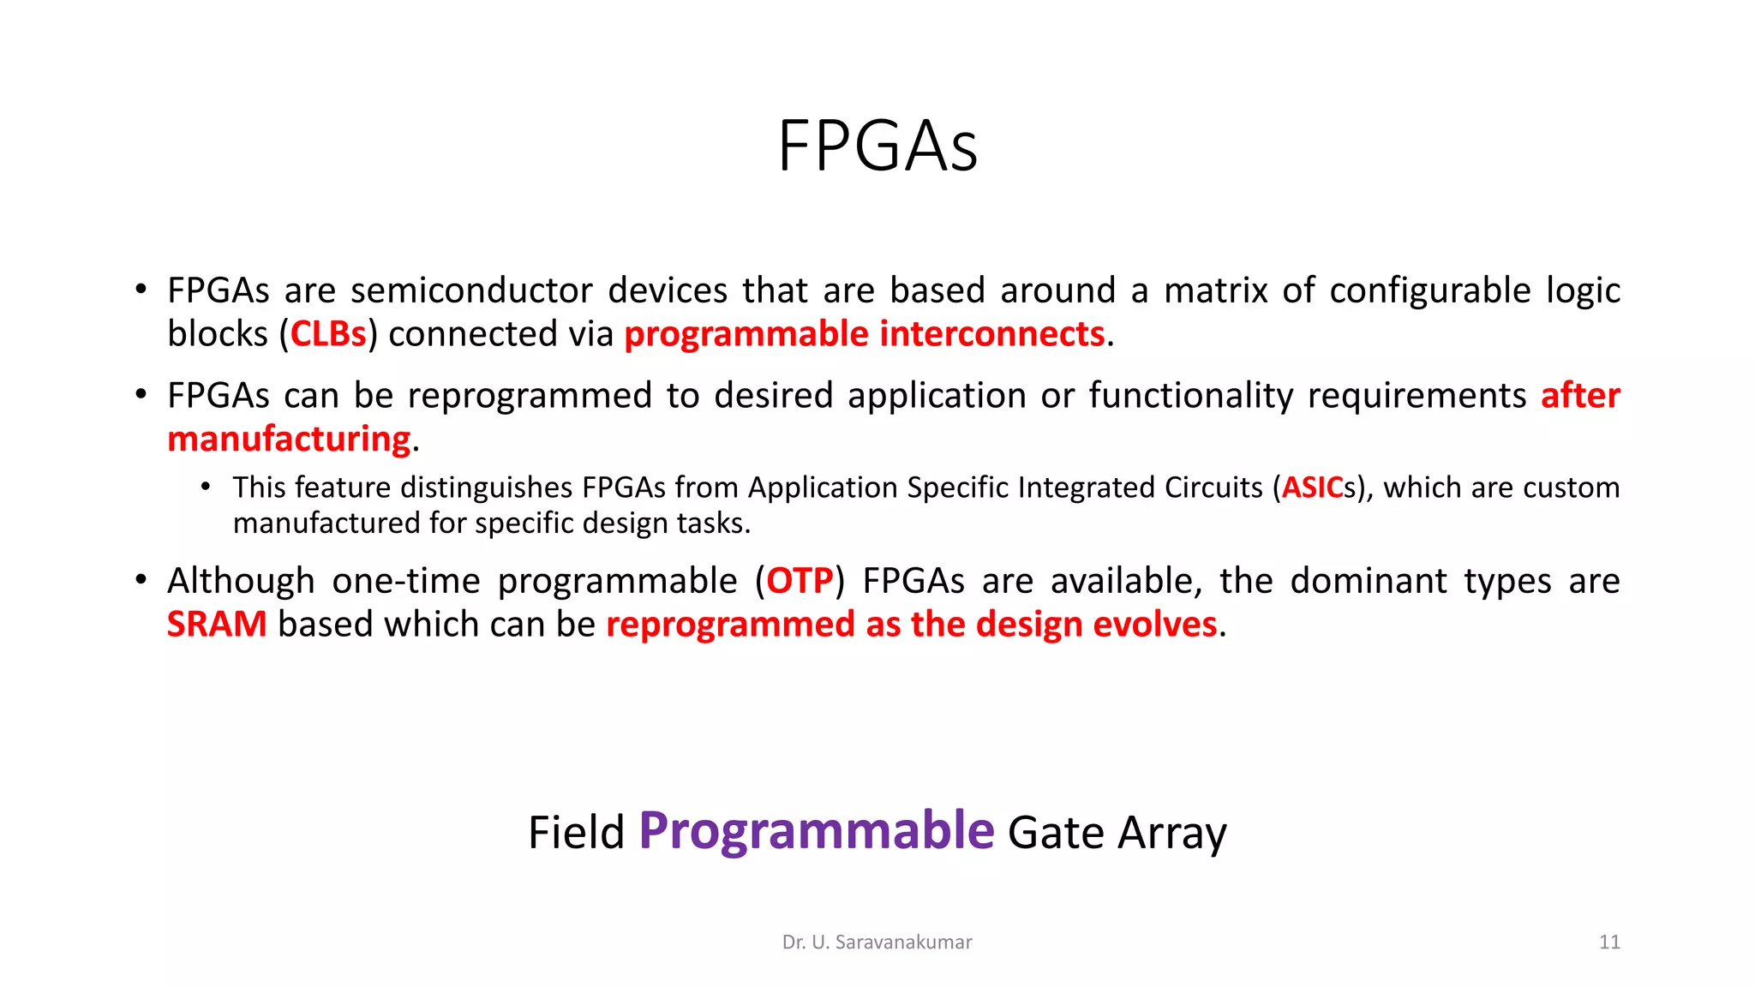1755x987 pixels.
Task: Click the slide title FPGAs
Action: click(x=877, y=147)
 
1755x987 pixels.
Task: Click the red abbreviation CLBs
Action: click(x=328, y=334)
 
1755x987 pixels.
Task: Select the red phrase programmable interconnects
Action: click(x=864, y=334)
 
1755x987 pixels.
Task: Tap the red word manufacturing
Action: click(x=289, y=440)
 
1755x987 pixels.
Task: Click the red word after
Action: click(x=1579, y=396)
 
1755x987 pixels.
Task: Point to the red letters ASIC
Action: click(x=1311, y=488)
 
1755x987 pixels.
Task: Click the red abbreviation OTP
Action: click(x=799, y=582)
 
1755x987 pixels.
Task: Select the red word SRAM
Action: click(x=217, y=625)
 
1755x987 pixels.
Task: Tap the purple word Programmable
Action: click(x=816, y=831)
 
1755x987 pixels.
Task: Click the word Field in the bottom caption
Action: click(x=576, y=833)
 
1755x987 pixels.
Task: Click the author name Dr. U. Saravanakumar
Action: click(x=877, y=942)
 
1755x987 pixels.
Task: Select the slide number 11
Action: click(x=1608, y=942)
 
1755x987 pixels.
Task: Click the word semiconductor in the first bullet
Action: click(x=471, y=291)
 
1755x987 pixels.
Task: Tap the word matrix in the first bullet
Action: click(x=1214, y=291)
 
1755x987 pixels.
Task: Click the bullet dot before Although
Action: click(x=141, y=580)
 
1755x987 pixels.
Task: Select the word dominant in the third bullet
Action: click(x=1369, y=582)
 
